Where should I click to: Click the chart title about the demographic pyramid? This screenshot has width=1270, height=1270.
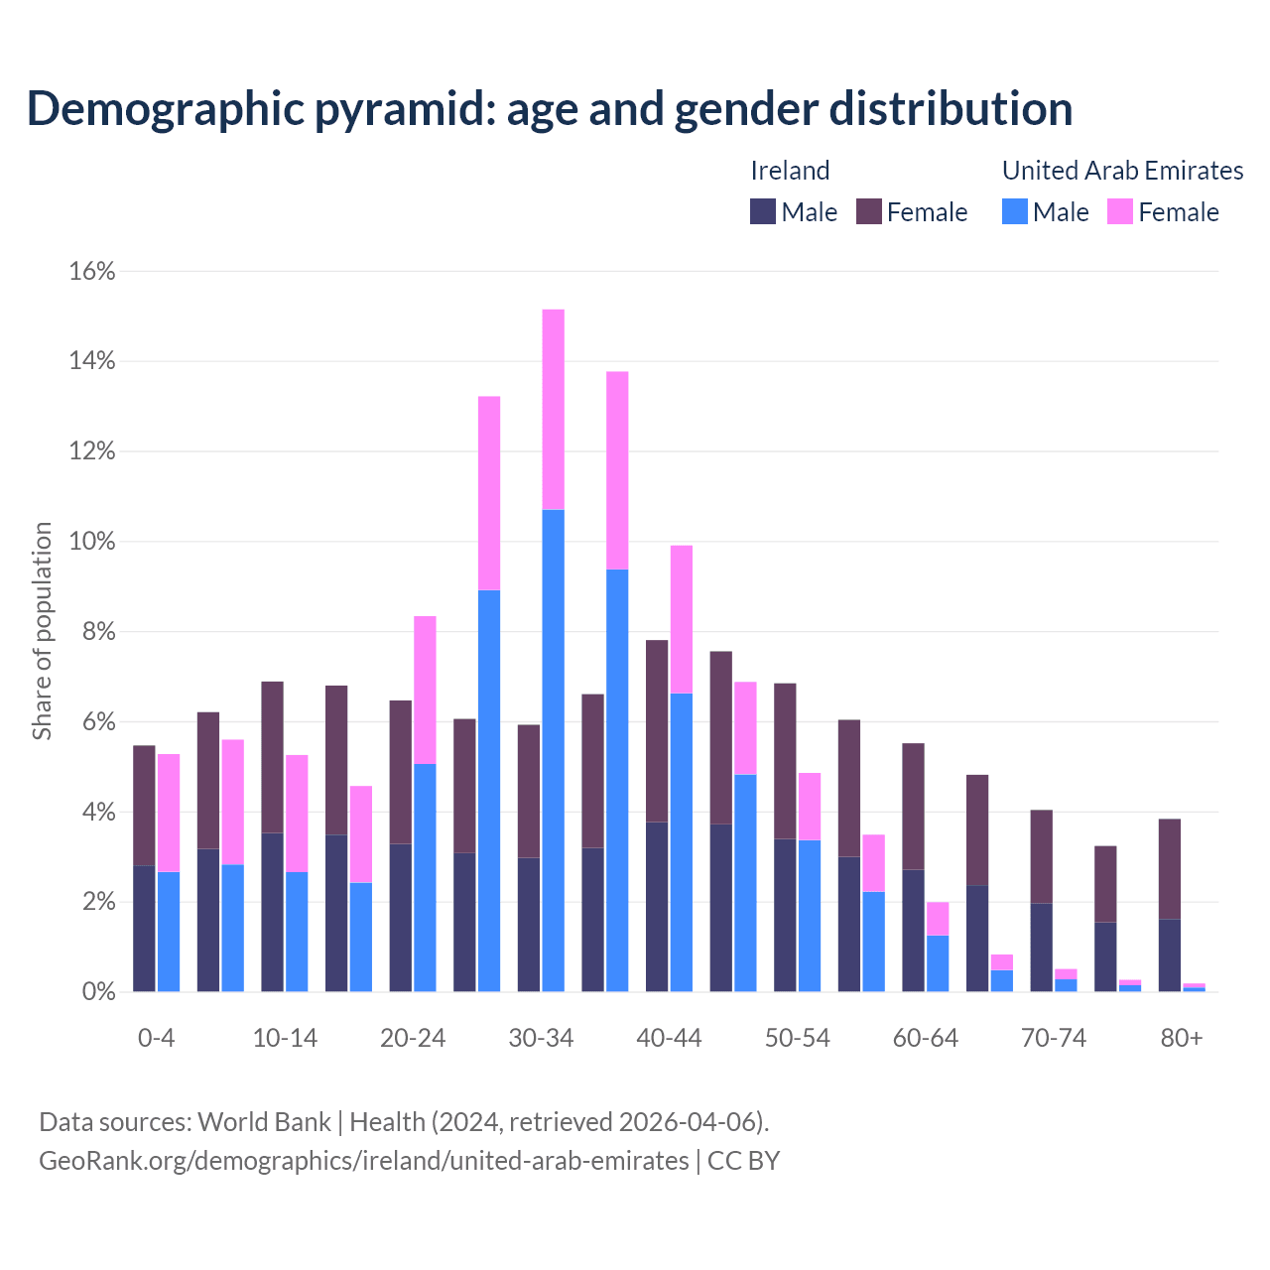(550, 108)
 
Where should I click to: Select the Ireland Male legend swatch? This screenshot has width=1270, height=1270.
(763, 211)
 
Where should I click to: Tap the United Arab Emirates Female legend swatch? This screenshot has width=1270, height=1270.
(1120, 211)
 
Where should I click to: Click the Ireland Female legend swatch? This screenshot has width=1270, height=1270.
(869, 211)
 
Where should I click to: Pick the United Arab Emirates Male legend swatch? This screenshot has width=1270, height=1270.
(1014, 211)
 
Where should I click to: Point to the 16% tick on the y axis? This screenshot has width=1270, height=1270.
(92, 271)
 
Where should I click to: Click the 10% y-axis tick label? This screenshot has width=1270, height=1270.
(92, 542)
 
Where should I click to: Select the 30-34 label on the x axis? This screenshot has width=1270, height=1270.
(541, 1038)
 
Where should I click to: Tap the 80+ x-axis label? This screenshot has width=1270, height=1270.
(1182, 1038)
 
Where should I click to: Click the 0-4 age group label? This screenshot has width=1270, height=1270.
(157, 1038)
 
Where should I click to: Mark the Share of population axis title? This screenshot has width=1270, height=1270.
(43, 631)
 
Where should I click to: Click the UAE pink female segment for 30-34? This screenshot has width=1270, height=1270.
(554, 409)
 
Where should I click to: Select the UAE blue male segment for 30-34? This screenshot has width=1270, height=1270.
(554, 750)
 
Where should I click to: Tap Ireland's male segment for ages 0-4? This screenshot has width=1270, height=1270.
(144, 928)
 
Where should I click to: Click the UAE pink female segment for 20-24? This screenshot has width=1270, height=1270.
(425, 690)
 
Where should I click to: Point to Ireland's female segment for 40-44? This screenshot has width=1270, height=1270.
(657, 731)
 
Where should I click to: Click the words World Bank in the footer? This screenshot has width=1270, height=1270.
(264, 1122)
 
